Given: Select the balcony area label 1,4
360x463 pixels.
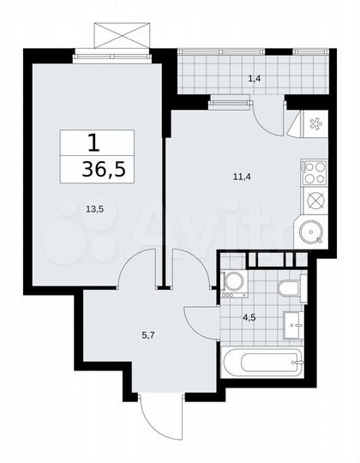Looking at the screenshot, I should [255, 79].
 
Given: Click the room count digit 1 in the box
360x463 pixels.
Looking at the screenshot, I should [97, 141].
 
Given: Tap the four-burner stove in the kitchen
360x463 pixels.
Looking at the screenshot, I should [315, 173].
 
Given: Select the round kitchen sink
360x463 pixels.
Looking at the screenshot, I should [311, 231].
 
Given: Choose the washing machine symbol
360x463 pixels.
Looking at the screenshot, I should [231, 283].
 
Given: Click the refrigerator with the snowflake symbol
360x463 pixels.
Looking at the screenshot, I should [315, 124].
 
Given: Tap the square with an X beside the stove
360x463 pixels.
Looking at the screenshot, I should [315, 201].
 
